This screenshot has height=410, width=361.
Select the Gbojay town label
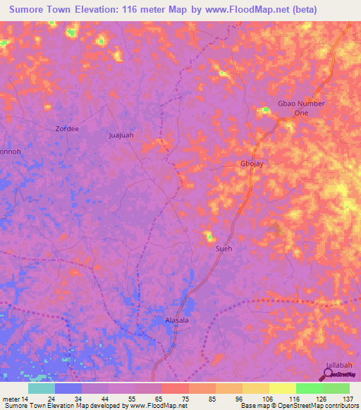252,164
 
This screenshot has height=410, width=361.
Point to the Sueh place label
224,248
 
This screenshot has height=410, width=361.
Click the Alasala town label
177,319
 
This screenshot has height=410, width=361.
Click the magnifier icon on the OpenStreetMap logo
328,374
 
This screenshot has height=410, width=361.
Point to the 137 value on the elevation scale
348,399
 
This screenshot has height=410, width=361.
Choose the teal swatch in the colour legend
42,388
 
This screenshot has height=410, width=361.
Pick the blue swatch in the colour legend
68,388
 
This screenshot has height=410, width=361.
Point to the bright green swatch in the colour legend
309,388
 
